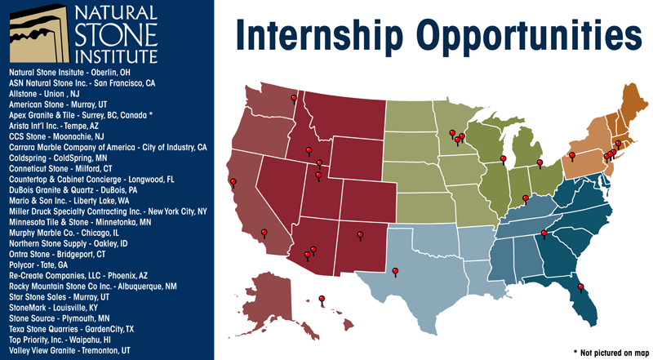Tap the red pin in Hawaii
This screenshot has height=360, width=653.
point(322,300)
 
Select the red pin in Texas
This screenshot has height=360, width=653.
point(395,272)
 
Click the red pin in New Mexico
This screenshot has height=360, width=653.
point(359,236)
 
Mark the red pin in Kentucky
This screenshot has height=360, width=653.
point(526,199)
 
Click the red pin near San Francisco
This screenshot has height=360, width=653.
point(233,182)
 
